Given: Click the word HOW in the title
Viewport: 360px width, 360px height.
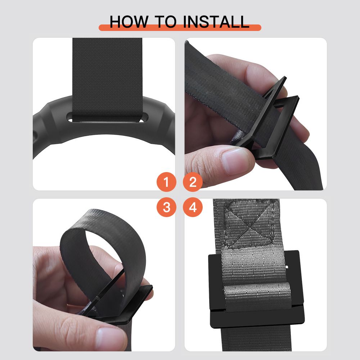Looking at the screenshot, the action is click(129, 22).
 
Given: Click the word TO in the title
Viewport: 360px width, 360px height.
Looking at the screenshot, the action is click(166, 22).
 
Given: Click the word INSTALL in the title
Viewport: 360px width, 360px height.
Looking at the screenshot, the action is click(216, 22).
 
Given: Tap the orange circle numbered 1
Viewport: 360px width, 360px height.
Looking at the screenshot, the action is click(166, 182).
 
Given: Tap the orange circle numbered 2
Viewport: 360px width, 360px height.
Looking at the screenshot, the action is click(193, 182).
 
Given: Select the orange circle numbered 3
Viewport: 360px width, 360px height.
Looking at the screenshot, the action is click(166, 207).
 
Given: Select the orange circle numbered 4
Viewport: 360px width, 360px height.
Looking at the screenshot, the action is click(193, 207).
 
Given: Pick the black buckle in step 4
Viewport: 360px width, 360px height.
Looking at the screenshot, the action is click(256, 289).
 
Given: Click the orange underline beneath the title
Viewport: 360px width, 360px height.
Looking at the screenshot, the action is click(180, 28).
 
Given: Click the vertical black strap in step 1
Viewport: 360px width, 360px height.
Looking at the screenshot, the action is click(107, 78).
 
